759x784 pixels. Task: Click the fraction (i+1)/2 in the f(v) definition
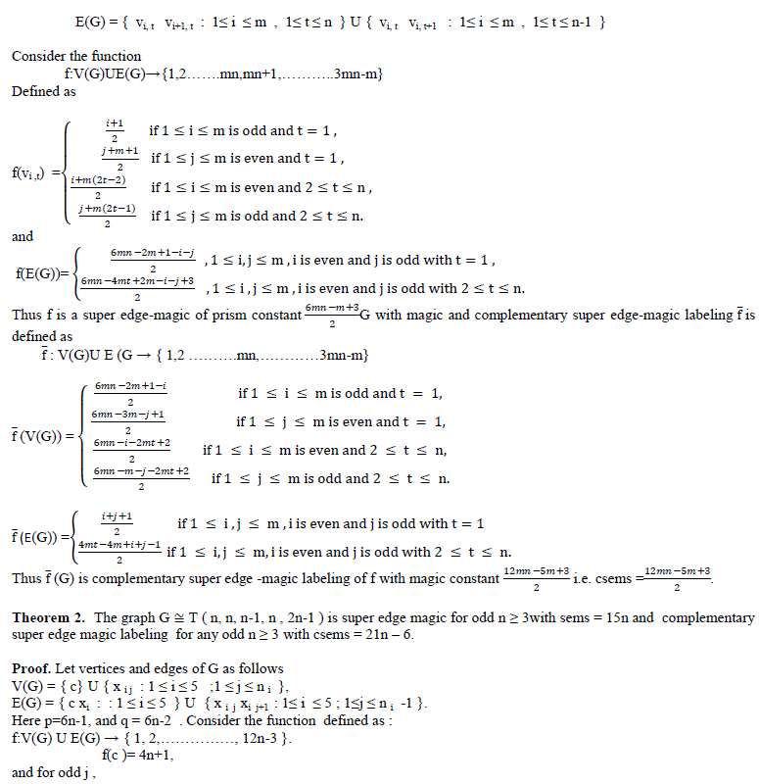[114, 130]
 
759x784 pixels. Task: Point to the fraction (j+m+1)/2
[119, 159]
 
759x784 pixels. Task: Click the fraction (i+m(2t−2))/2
[99, 187]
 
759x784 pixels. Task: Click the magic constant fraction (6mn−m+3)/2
[332, 316]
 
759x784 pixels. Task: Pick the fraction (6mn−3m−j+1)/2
[127, 422]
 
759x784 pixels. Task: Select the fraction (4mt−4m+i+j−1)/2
[119, 552]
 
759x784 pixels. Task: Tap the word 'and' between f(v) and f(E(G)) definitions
[23, 236]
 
